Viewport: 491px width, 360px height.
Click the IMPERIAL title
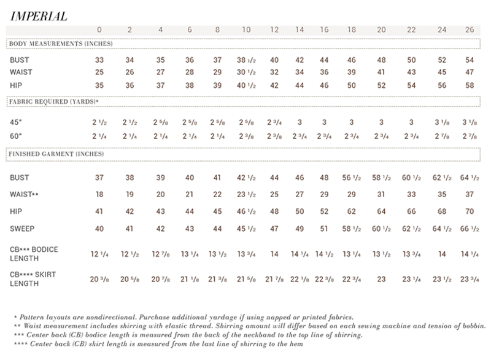(x=39, y=15)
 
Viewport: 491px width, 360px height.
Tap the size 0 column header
(x=99, y=29)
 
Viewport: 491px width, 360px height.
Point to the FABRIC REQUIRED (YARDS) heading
(x=53, y=100)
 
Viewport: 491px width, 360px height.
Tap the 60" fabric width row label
(x=16, y=136)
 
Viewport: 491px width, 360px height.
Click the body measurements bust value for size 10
(x=245, y=60)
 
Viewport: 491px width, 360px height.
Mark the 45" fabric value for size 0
(x=99, y=122)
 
